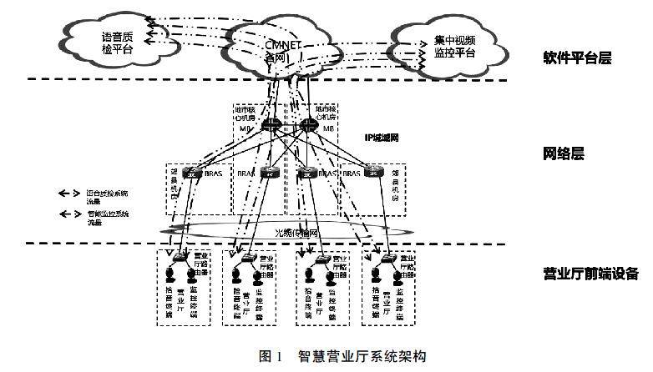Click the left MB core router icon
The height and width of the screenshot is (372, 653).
271,126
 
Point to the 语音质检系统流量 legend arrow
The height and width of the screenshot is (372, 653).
64,193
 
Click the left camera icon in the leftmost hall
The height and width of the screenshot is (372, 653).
170,275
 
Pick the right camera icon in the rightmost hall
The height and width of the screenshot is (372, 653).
392,275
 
